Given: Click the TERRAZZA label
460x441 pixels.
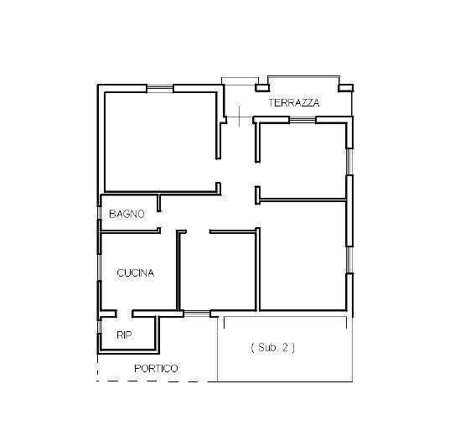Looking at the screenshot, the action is [x=294, y=102].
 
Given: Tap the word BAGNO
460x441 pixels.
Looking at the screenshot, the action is [x=127, y=214].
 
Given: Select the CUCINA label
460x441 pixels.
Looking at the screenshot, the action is [x=135, y=273].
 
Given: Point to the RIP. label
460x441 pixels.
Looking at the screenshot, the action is [x=126, y=335].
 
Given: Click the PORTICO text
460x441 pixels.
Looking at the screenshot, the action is [x=156, y=369].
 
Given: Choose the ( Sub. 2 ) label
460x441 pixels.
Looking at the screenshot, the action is [x=272, y=348].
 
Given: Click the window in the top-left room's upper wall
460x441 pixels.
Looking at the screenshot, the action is [x=160, y=89].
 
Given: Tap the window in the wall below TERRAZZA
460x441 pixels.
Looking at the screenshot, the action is [x=302, y=120].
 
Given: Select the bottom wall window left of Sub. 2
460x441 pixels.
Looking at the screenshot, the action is [x=197, y=314].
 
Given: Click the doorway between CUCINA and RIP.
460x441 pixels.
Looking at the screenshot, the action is [x=124, y=314].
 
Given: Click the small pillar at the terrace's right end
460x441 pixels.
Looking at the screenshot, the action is [x=345, y=88].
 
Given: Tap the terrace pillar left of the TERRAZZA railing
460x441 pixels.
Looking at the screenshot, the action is [x=262, y=87].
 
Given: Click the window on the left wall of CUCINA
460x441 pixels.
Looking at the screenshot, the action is [x=99, y=267].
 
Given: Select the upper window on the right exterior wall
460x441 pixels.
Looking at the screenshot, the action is [x=349, y=162].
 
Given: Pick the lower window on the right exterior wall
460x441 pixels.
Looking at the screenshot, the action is [x=349, y=260].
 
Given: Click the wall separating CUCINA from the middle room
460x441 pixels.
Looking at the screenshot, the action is [x=178, y=270].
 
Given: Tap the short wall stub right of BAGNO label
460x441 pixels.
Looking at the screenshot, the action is [x=159, y=203].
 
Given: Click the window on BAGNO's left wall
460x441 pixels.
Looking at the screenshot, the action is [x=99, y=213].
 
